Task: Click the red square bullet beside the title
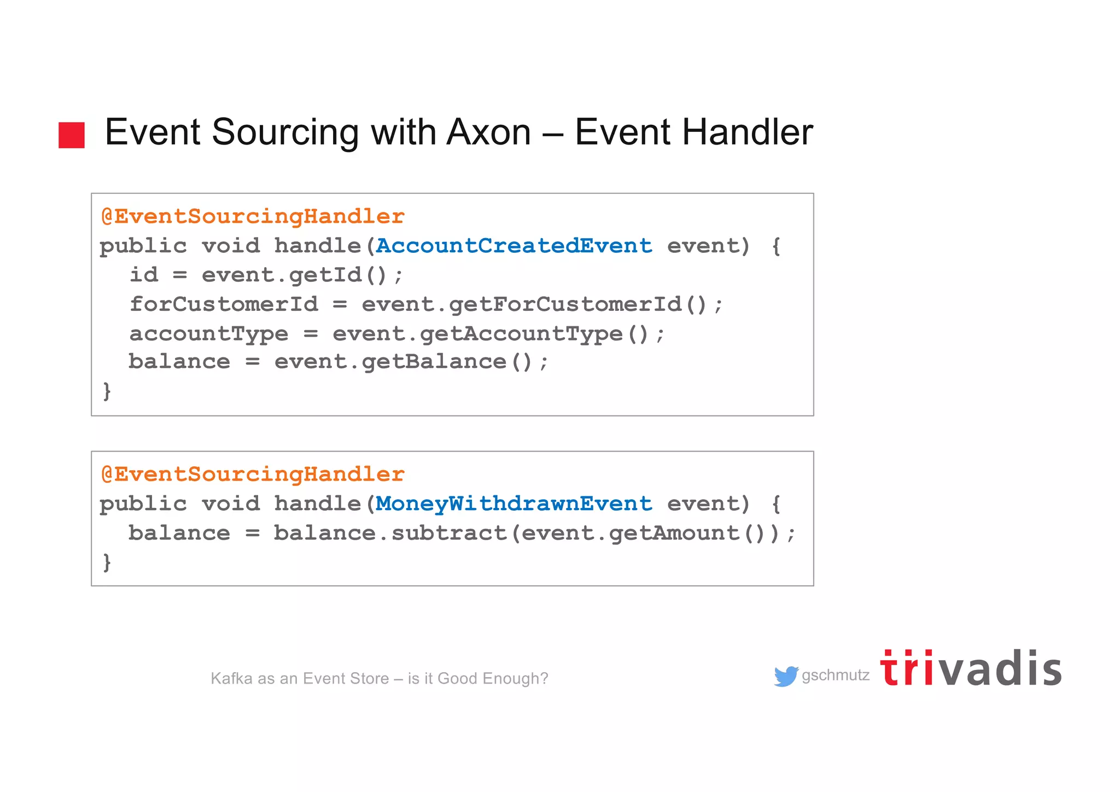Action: click(x=72, y=135)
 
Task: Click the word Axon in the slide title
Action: click(x=488, y=132)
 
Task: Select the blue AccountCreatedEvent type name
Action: click(x=514, y=246)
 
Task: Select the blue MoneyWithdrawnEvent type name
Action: click(x=514, y=504)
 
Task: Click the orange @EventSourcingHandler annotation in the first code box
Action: click(x=253, y=217)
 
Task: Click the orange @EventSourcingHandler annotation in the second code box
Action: click(x=253, y=475)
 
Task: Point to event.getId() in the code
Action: click(x=302, y=275)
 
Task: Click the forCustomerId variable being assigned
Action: click(x=223, y=304)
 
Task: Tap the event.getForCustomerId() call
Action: click(x=541, y=304)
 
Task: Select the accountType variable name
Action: click(x=208, y=333)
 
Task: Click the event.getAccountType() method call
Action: click(x=498, y=333)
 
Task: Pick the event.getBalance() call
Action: click(x=410, y=362)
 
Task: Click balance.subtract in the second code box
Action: click(x=389, y=533)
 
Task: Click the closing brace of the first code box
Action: click(x=107, y=391)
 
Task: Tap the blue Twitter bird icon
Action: click(x=786, y=677)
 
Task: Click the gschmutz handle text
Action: click(x=835, y=675)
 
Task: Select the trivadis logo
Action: click(x=970, y=669)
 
